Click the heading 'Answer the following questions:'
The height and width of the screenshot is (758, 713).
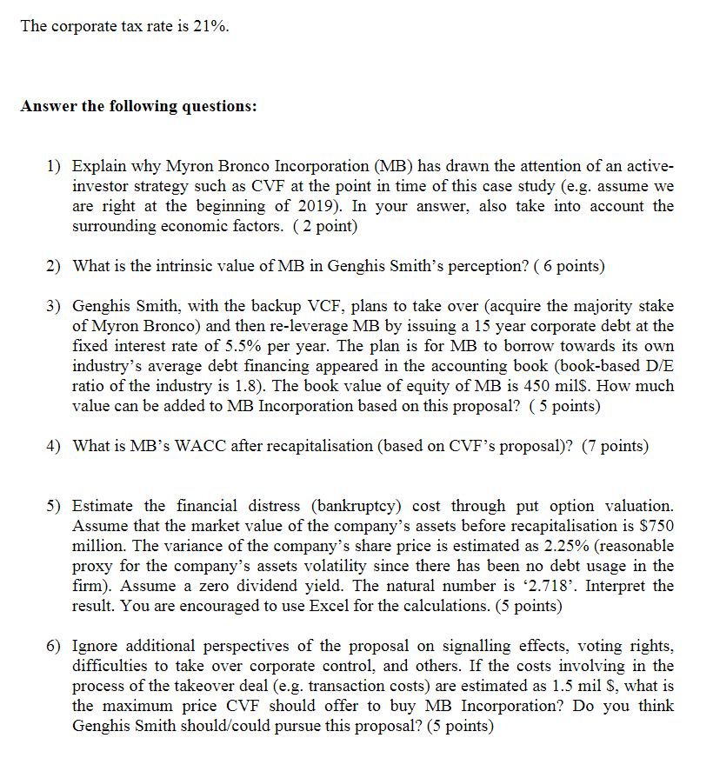[x=139, y=106]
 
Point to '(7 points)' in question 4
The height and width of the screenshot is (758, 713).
[x=614, y=446]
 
